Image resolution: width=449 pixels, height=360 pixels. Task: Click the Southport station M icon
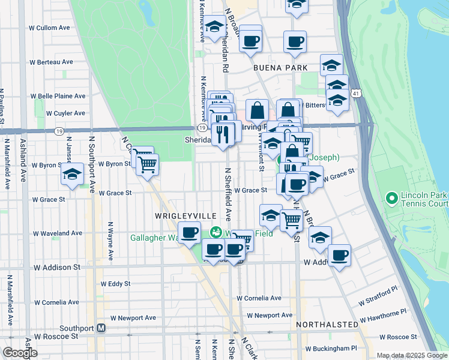tap(101, 328)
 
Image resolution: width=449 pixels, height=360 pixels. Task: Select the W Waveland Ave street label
tap(57, 233)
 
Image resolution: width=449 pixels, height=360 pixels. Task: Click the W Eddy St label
tap(115, 283)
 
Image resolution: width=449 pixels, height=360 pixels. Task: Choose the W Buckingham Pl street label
tap(331, 348)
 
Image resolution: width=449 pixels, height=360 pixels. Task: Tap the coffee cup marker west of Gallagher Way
tap(190, 232)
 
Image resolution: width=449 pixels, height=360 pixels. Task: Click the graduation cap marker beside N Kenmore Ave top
tap(214, 27)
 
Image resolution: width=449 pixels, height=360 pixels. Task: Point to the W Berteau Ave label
tap(55, 61)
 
